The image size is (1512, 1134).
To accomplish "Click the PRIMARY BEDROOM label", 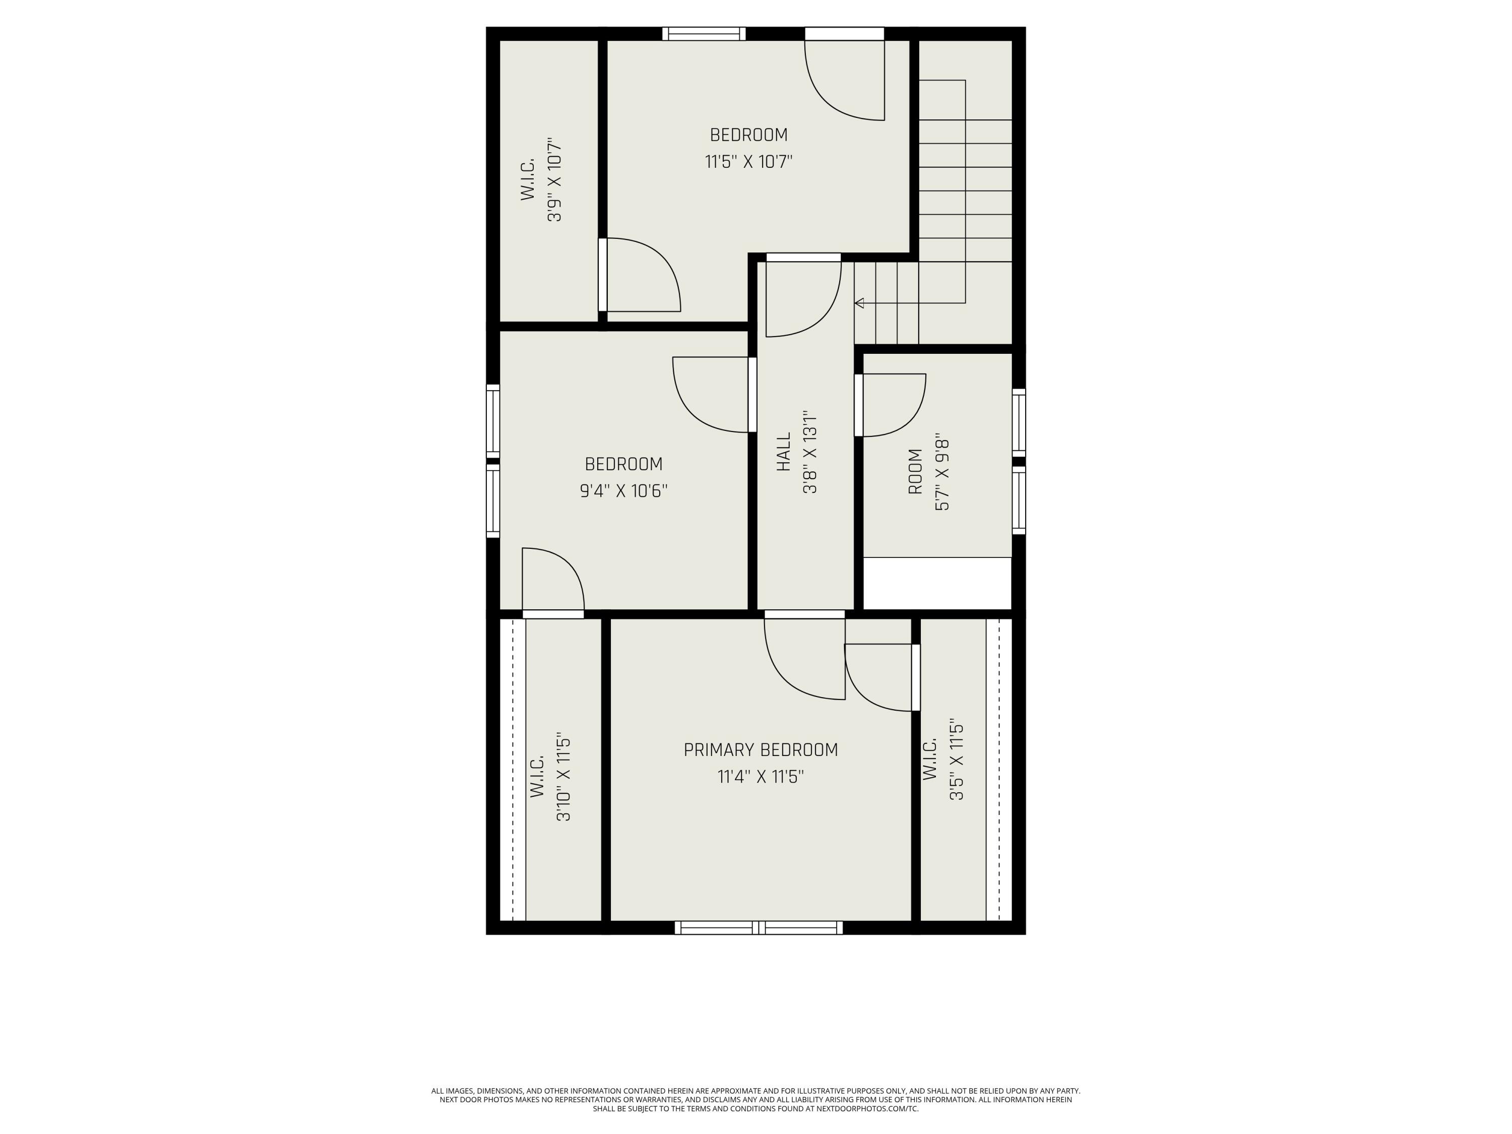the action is (761, 750).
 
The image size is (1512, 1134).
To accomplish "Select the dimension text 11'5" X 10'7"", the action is (748, 162).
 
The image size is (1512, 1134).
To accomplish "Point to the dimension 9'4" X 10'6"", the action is (623, 491).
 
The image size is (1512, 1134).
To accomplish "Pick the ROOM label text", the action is (915, 472).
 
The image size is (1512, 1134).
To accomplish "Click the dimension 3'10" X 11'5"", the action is (563, 779).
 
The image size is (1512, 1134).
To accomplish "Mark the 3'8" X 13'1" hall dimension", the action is (810, 452).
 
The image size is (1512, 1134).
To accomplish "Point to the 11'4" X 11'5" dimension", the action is (761, 777).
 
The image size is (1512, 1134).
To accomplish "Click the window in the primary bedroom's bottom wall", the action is (759, 927).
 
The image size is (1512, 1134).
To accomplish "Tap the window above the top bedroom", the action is (704, 33).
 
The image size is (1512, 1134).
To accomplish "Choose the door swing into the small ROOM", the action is (891, 405).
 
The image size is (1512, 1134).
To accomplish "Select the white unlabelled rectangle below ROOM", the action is (937, 583).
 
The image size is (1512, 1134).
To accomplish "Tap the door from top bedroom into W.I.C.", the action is (640, 275).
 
